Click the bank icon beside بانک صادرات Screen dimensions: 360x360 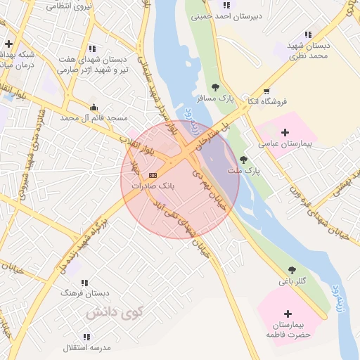153,174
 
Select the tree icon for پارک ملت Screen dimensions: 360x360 243,160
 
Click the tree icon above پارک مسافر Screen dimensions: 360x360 215,87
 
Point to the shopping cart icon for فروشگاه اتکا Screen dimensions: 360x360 266,91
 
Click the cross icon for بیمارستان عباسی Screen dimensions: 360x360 285,131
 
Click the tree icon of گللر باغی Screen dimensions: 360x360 292,270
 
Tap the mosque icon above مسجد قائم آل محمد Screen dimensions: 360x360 94,107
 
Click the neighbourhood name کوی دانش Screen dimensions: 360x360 114,311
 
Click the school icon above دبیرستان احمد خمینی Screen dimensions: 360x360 226,5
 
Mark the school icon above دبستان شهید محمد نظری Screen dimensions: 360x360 308,34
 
